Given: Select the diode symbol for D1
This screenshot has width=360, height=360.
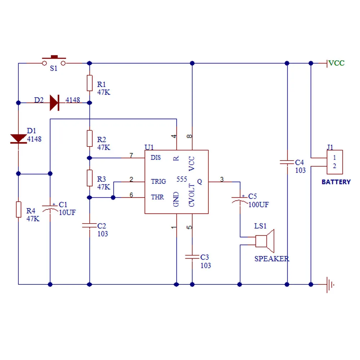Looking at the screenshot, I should (18, 139).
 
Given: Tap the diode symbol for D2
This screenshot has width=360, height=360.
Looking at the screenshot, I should (54, 103).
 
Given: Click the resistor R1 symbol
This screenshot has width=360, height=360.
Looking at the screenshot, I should (90, 83).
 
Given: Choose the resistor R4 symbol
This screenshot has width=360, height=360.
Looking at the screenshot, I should (18, 210).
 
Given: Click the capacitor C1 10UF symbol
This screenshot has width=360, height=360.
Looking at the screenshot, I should (50, 208).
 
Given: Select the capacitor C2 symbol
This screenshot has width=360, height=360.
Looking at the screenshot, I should (90, 226).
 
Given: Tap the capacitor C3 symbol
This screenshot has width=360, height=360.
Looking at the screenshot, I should (192, 257).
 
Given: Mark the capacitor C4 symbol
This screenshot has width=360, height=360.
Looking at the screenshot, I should (287, 162).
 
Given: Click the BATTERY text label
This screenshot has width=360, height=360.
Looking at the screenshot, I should (336, 182).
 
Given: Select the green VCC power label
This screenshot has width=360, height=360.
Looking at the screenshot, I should (337, 63).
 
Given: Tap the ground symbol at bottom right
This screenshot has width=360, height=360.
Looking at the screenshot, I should (330, 284).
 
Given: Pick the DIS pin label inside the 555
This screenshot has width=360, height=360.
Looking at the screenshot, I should (156, 158).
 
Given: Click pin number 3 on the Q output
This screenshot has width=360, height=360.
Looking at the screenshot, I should (222, 179).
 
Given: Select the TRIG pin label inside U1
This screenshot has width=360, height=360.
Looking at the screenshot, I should (158, 181).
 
